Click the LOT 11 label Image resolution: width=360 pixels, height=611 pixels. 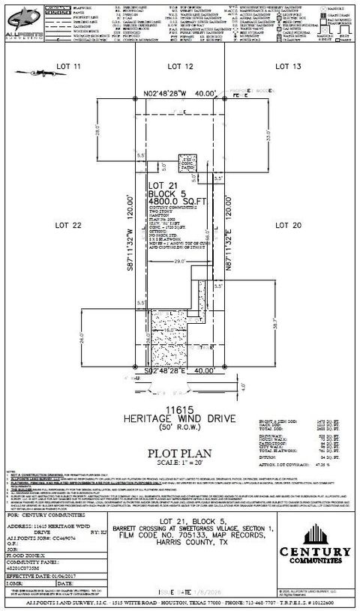(67, 67)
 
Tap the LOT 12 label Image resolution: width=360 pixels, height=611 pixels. (181, 67)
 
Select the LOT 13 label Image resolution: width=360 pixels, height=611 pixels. (293, 67)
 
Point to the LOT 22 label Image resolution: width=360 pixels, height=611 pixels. (56, 224)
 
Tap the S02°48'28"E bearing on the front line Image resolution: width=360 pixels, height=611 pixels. (162, 370)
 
